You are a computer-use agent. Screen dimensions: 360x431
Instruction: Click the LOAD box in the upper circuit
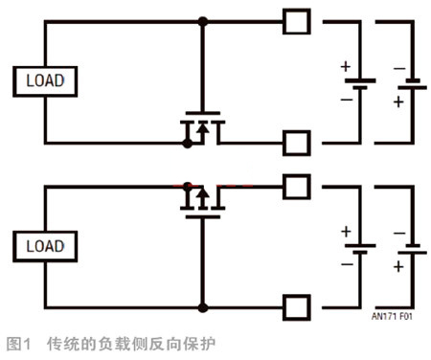point(45,80)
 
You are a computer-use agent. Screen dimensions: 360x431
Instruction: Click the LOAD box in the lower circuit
point(45,247)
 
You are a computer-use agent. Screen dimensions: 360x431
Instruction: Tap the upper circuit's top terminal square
point(297,20)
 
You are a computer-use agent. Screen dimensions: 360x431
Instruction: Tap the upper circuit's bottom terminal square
point(297,144)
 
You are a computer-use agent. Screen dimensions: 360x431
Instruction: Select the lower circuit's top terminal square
point(297,184)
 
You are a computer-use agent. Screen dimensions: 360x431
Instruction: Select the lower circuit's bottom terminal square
point(297,307)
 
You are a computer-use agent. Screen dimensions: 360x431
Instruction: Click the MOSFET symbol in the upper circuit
point(202,127)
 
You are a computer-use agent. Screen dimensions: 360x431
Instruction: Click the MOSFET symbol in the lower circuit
point(202,199)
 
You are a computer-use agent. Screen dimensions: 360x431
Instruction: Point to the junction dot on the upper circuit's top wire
point(202,20)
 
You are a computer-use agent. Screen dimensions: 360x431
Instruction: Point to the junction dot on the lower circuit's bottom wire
point(202,307)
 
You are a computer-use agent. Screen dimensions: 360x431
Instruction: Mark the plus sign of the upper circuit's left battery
point(345,67)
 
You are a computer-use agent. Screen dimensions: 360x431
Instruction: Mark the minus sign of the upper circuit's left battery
point(345,99)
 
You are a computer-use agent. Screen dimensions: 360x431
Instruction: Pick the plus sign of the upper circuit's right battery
point(398,101)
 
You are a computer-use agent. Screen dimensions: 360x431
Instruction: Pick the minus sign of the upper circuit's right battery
point(398,68)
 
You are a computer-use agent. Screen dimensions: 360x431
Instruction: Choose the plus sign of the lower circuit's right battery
point(398,266)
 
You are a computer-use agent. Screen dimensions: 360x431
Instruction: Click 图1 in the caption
point(20,342)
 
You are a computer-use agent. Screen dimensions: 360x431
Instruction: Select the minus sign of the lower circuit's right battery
point(398,234)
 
